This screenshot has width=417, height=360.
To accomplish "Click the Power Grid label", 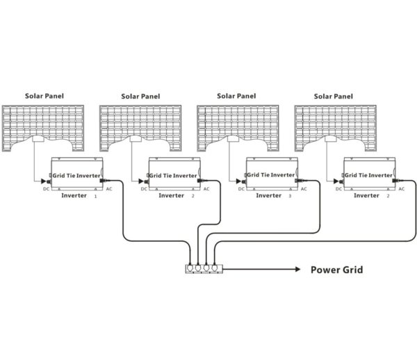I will pos(336,269).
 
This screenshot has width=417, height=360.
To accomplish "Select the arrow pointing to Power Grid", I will pos(264,268).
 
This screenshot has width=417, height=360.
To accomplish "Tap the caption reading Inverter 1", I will pos(78,197).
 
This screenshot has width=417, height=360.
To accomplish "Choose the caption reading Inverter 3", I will pos(272,197).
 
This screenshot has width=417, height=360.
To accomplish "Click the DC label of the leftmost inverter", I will pos(46,188).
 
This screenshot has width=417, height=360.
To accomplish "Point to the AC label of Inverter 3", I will pos(304,188).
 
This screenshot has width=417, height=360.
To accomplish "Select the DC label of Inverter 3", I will pos(241,188).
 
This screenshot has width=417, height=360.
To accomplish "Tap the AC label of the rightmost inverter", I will pos(401,188).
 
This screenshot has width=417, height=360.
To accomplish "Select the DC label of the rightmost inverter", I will pos(338,188).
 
